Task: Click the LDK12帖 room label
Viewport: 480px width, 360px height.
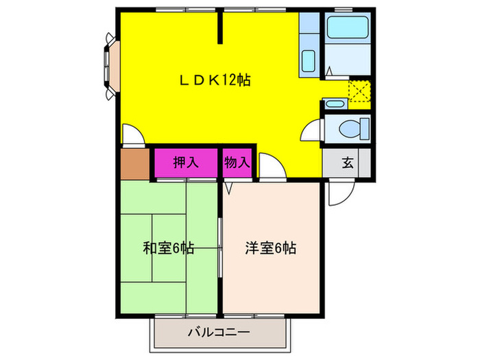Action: point(215,80)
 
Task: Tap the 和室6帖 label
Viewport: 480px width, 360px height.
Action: point(168,248)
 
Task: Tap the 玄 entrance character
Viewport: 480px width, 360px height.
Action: point(347,163)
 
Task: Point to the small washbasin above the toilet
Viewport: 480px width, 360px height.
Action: point(335,104)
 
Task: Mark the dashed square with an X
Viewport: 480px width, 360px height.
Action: point(359,91)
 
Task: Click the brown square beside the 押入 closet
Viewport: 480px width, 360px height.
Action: point(134,163)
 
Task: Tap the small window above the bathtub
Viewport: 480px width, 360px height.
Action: point(343,9)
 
